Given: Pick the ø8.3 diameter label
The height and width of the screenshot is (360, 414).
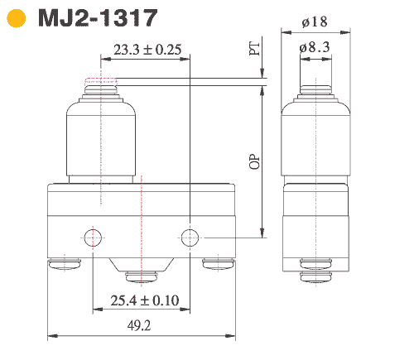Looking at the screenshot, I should tap(315, 48).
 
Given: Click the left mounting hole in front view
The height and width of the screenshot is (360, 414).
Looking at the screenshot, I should tap(92, 238).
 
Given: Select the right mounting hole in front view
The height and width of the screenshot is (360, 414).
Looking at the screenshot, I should tap(191, 238).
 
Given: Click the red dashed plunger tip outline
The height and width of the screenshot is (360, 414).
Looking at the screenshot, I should tap(102, 81).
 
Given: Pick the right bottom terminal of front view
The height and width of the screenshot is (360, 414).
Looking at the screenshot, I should tap(219, 265).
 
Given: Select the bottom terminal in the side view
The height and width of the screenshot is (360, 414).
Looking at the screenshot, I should tap(315, 265).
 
